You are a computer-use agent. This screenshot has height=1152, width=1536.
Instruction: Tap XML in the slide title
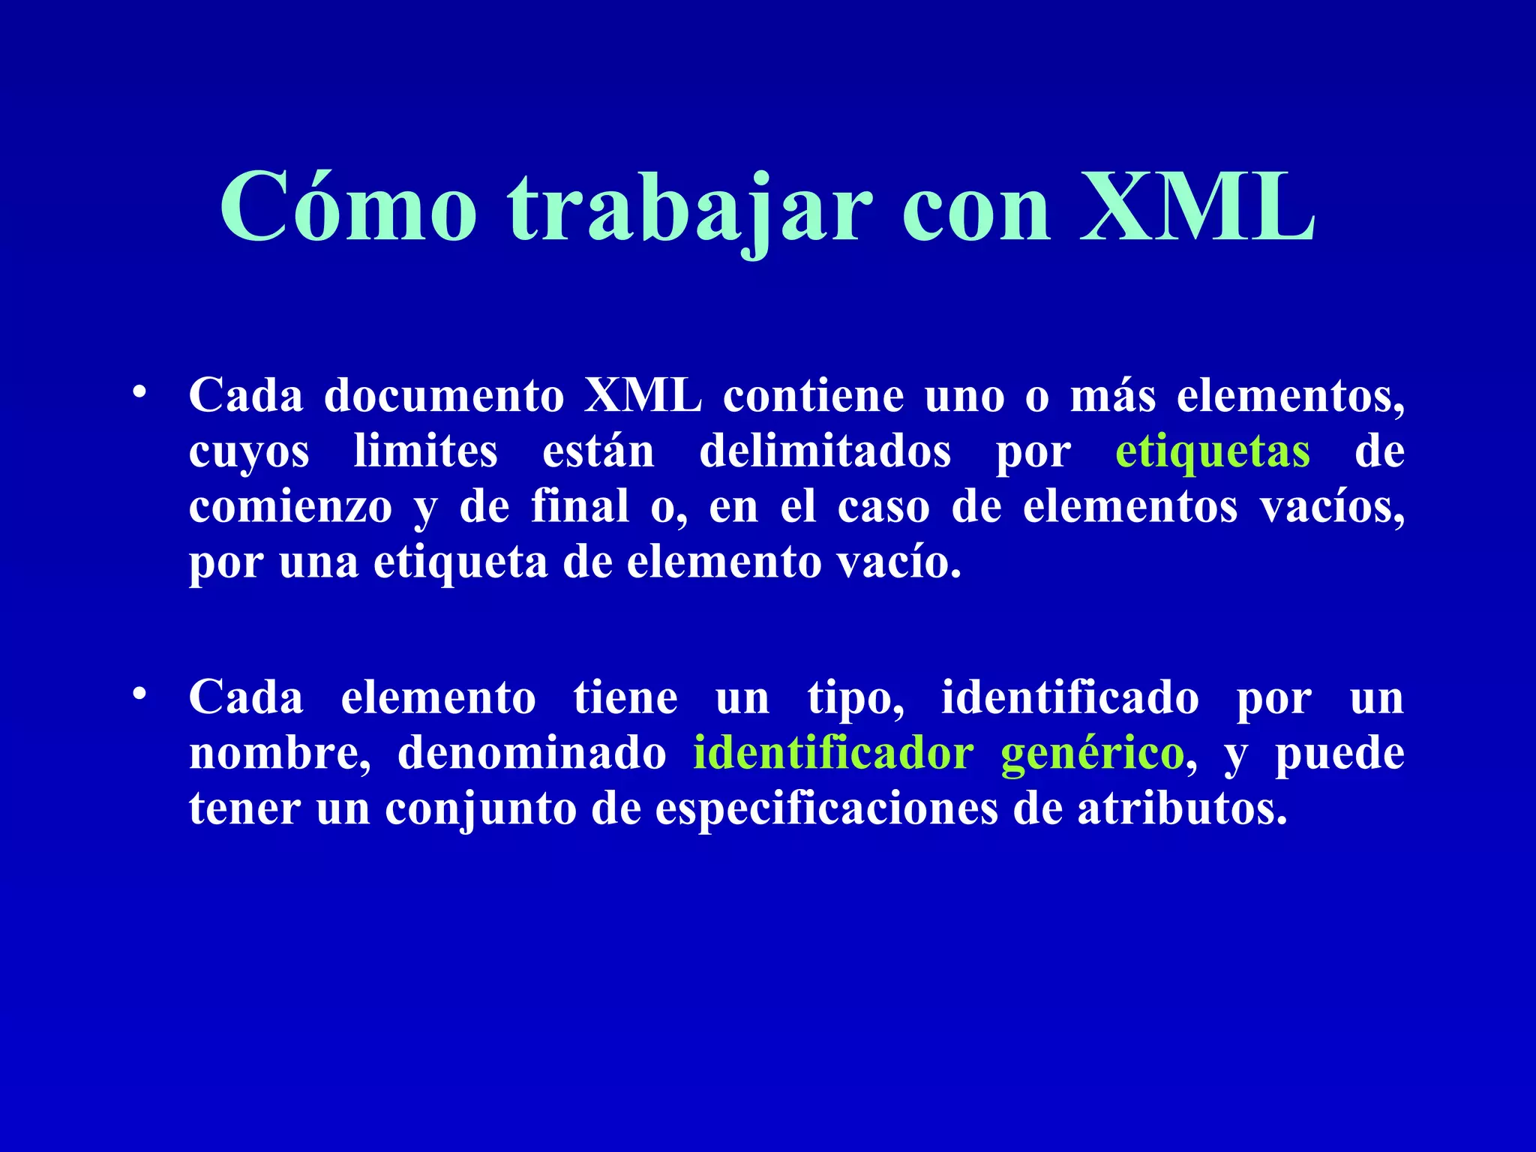tap(1198, 207)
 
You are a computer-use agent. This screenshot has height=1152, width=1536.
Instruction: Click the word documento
tap(444, 395)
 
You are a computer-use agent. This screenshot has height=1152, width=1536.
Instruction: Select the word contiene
tap(813, 395)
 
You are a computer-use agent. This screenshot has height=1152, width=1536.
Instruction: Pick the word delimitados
tap(825, 451)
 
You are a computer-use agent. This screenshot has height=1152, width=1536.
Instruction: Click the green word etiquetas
tap(1213, 451)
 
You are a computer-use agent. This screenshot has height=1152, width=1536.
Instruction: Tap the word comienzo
tap(291, 507)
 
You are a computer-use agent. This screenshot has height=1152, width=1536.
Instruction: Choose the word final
tap(580, 507)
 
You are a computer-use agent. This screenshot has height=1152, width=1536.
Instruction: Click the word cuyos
tap(249, 453)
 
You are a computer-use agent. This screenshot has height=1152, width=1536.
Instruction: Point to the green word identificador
tap(833, 753)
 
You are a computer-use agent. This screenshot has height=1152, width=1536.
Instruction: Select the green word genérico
tap(1092, 754)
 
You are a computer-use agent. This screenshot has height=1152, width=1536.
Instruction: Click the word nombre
tap(279, 753)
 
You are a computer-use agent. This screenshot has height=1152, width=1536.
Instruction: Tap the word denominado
tap(532, 753)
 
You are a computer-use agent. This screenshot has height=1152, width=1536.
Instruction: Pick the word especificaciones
tap(826, 809)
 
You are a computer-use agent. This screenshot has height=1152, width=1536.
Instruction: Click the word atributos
tap(1183, 809)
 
